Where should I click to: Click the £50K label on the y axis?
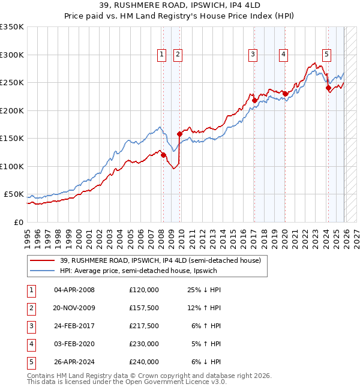(x=14, y=194)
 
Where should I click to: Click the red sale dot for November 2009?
(x=179, y=134)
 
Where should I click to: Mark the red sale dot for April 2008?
(x=163, y=155)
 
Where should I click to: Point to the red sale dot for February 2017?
(x=254, y=100)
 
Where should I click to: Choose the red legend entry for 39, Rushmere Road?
(x=160, y=261)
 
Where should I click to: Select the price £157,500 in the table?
(x=143, y=308)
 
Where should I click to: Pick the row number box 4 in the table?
(x=31, y=344)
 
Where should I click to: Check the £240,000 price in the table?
(x=143, y=362)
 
